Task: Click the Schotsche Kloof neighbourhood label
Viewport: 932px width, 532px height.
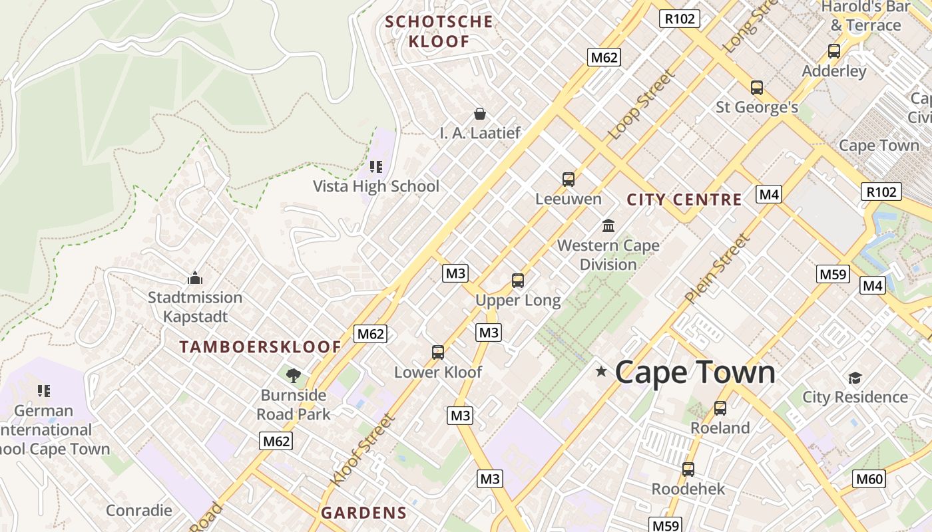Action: point(439,31)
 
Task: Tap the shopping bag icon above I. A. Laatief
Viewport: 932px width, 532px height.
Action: point(479,114)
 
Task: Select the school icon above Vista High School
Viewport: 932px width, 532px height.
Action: point(376,166)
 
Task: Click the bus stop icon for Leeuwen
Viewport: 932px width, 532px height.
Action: point(568,179)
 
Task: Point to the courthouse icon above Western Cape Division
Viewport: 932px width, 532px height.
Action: point(608,225)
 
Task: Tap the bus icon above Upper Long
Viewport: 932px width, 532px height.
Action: point(518,281)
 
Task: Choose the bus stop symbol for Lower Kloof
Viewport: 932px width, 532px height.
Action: point(437,352)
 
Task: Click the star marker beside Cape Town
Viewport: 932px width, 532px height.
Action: point(601,371)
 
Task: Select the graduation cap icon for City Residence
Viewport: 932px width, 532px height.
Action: point(855,378)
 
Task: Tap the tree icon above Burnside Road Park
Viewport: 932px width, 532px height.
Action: point(294,376)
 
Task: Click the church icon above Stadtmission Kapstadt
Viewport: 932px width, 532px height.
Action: point(195,277)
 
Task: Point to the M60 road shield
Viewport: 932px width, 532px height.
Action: point(870,478)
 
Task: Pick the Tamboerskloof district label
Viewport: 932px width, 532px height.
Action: point(260,346)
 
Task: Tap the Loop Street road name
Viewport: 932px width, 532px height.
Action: point(641,104)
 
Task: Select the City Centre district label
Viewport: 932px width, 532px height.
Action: point(684,199)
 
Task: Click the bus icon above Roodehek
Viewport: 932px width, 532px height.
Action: point(688,469)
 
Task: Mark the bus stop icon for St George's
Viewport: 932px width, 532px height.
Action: point(757,87)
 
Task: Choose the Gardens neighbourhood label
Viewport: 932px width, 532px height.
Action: point(363,513)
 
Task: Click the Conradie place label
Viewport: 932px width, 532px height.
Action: point(139,510)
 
